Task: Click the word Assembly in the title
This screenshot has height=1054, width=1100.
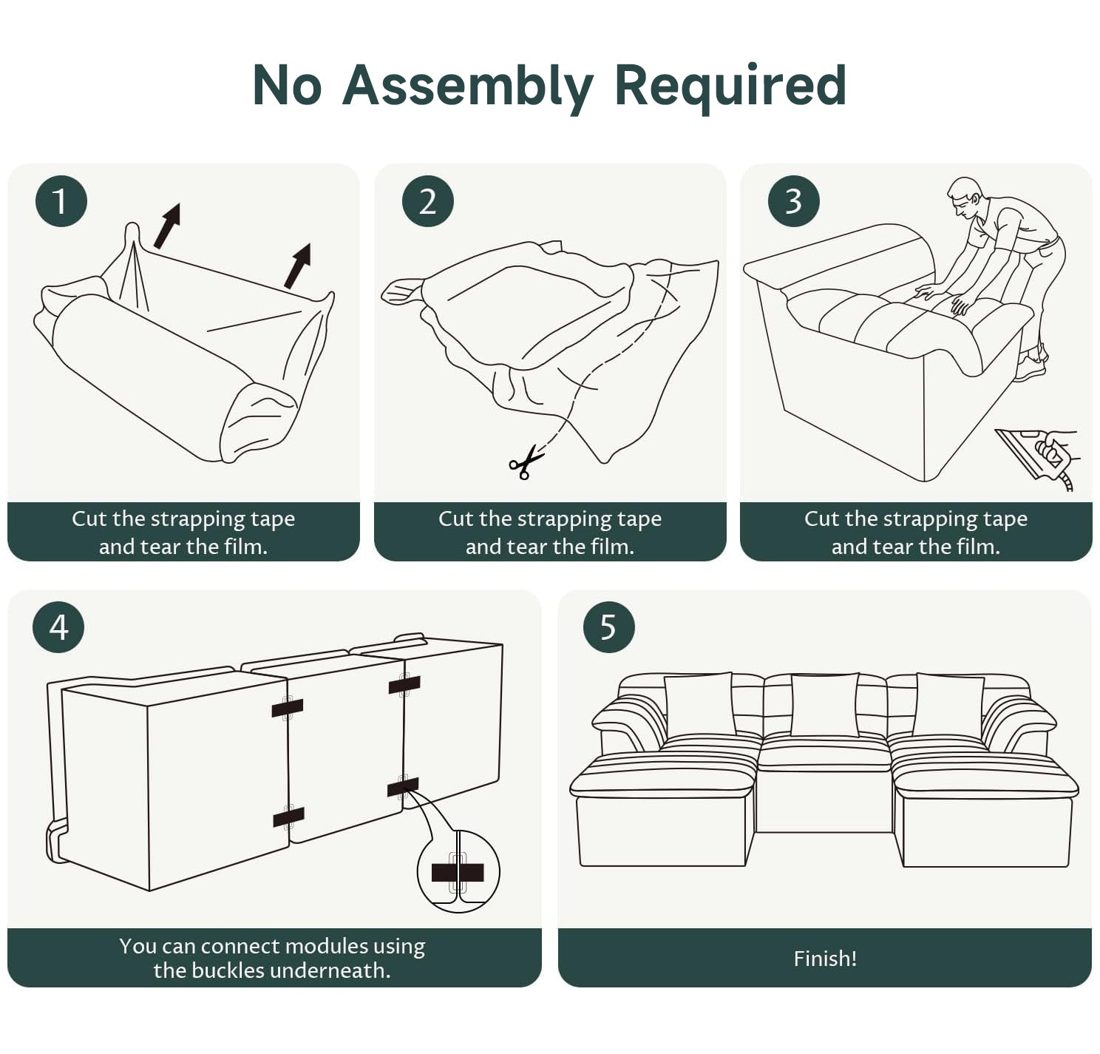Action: [468, 86]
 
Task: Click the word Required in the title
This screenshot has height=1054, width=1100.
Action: [730, 86]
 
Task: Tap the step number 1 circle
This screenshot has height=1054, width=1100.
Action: [61, 201]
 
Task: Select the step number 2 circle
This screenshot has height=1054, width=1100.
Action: [428, 201]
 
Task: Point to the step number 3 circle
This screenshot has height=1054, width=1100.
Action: [794, 201]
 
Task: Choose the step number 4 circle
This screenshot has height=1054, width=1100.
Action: [58, 627]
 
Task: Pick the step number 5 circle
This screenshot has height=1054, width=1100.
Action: [609, 627]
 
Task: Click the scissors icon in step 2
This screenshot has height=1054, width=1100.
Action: [526, 462]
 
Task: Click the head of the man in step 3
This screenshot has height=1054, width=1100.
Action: [965, 196]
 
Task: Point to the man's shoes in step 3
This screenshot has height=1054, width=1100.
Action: [1032, 364]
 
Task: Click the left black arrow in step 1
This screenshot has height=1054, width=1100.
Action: [167, 226]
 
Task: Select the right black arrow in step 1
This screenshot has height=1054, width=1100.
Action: [297, 266]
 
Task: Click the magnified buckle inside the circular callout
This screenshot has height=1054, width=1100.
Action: [458, 873]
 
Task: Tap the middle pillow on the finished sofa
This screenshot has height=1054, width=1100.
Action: [824, 705]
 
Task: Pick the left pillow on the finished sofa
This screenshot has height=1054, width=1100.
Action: [700, 705]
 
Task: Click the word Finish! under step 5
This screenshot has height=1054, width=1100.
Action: [825, 959]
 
